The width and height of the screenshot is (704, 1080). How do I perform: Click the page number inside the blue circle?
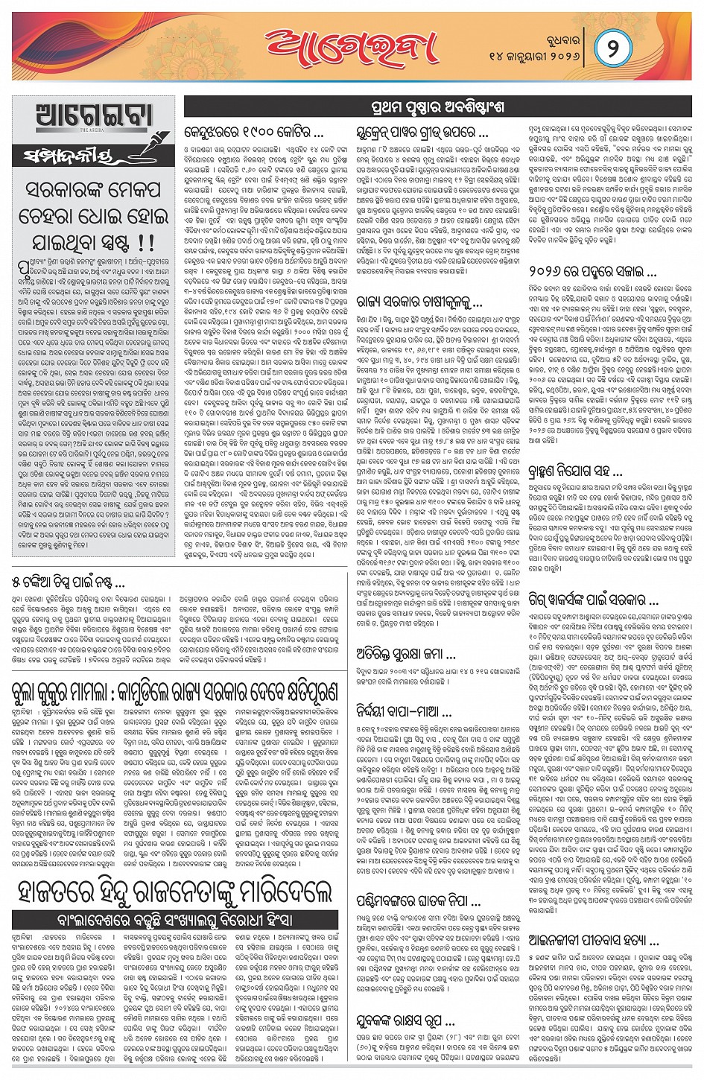click(612, 48)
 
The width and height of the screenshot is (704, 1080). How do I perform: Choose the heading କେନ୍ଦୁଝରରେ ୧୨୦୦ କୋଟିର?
click(253, 134)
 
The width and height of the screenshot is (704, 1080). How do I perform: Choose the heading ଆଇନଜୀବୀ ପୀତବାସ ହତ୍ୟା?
click(583, 940)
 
